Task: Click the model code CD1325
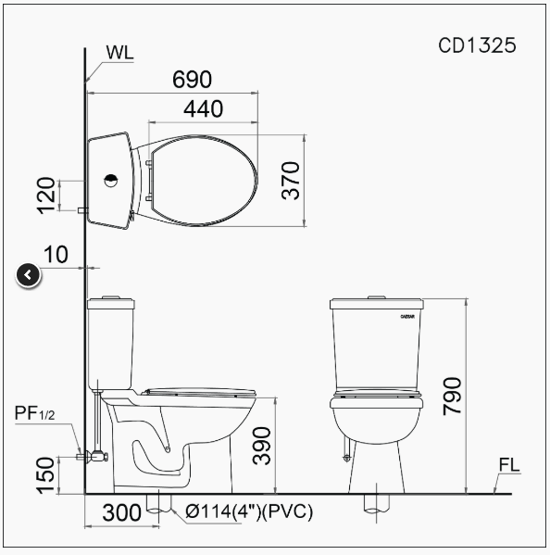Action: (477, 45)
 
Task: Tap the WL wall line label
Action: (119, 53)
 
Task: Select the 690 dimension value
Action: (192, 80)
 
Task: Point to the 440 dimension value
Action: (204, 108)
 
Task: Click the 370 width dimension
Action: (291, 181)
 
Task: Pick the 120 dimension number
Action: (46, 196)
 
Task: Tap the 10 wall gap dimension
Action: (56, 255)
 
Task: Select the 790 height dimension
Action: (452, 397)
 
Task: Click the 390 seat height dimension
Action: (262, 446)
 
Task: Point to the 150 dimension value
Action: (45, 475)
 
